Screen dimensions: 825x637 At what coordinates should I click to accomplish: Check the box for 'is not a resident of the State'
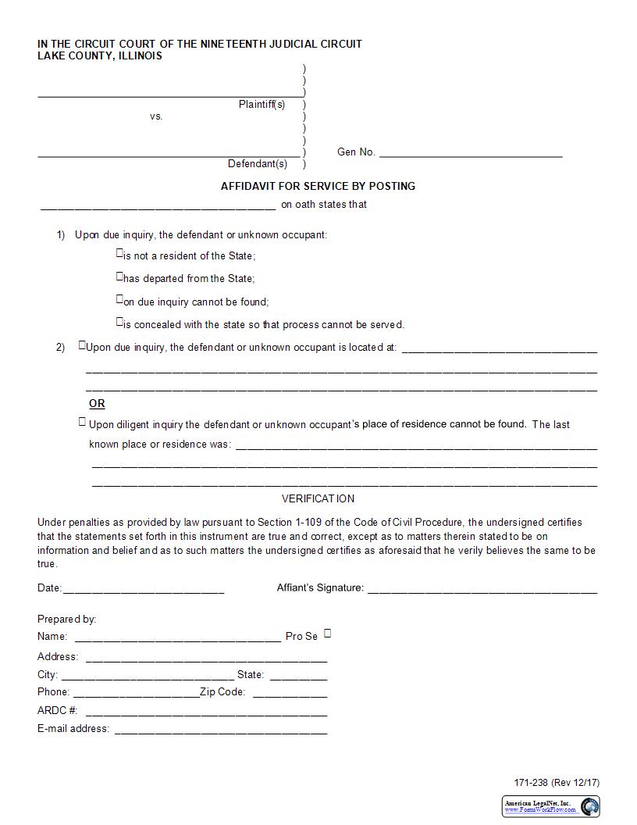119,253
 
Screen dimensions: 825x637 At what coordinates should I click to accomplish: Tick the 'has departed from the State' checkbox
119,276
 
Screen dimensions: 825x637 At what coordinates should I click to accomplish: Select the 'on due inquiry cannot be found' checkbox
119,298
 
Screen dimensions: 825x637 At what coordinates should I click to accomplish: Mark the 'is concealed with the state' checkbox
119,321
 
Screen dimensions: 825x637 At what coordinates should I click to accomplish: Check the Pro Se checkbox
327,634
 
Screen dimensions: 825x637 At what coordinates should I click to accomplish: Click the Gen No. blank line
470,153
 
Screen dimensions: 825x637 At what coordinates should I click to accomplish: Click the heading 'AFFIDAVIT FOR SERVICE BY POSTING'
318,186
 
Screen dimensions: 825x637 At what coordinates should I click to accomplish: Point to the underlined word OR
97,404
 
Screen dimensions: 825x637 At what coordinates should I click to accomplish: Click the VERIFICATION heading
318,498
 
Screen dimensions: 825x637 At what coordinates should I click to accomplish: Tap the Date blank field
143,589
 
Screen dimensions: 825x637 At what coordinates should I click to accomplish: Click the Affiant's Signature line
482,589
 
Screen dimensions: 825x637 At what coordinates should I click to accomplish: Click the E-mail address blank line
220,730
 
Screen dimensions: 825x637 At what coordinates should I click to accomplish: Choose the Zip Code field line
290,693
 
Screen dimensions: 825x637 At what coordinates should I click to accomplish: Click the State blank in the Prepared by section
298,676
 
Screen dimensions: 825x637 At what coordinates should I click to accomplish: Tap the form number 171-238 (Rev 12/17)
557,783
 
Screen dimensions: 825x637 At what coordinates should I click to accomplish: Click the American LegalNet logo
550,806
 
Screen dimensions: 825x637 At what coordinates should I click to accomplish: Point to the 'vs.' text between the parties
156,116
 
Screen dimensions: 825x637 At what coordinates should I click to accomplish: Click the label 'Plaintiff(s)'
262,104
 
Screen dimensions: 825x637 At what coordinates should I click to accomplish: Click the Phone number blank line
136,693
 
